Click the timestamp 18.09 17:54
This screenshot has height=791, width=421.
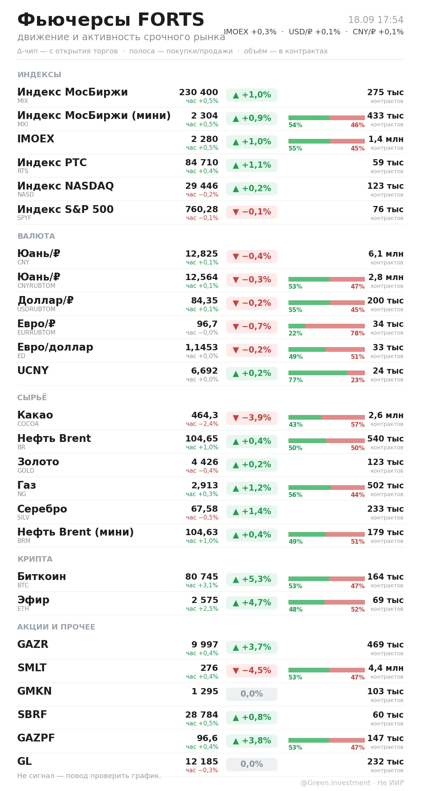pos(376,20)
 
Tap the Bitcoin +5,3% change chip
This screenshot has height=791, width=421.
pos(252,579)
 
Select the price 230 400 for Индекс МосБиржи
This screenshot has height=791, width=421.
pos(198,92)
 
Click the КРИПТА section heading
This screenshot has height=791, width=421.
pos(35,559)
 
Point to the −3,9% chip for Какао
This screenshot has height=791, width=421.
pos(252,418)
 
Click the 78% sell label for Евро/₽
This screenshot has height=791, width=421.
pos(357,333)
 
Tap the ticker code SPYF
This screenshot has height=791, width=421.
pos(24,218)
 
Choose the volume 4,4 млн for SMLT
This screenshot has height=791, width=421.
pos(386,668)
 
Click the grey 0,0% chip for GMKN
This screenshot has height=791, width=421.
pos(252,694)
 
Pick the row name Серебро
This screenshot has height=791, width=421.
pos(42,509)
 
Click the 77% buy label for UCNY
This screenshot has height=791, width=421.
pos(295,380)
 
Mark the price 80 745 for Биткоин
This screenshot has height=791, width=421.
pos(202,577)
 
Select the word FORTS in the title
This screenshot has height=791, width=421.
pos(171,20)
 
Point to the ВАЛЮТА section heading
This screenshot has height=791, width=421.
pos(36,236)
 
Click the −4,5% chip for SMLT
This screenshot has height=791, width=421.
pos(252,670)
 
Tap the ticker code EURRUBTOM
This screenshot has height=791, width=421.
pos(36,333)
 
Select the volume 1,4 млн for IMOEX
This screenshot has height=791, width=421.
pos(386,139)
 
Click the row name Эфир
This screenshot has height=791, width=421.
pos(34,600)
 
